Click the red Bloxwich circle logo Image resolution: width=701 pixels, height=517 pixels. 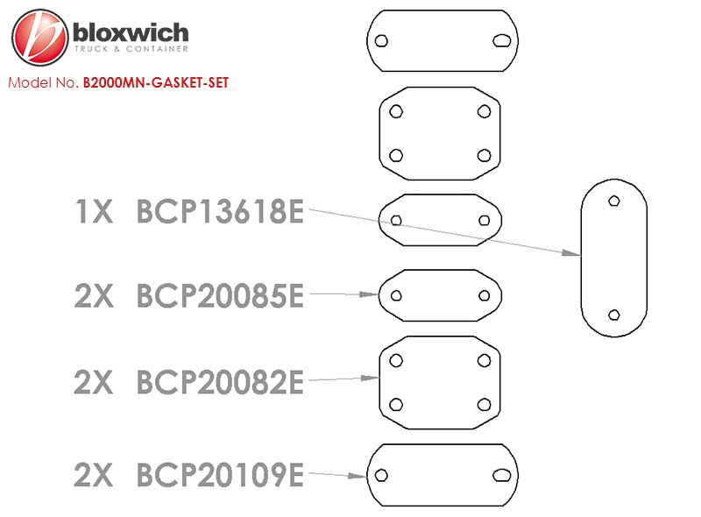(40, 37)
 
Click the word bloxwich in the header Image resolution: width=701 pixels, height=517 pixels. (131, 32)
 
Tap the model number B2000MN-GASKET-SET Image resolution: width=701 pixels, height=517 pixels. (156, 82)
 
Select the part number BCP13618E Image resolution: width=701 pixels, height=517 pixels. (220, 211)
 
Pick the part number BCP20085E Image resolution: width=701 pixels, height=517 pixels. (220, 295)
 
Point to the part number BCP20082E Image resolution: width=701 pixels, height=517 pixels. (220, 382)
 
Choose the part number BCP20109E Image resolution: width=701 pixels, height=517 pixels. (220, 475)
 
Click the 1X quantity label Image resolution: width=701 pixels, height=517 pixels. (94, 211)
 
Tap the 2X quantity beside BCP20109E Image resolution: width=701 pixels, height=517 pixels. (94, 475)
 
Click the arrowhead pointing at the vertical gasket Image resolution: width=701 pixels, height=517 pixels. (571, 253)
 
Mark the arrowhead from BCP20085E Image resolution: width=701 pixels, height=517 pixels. (369, 294)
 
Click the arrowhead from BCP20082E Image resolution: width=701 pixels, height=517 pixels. (370, 379)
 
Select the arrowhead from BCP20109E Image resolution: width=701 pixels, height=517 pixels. (358, 476)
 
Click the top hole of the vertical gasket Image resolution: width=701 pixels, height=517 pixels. (614, 201)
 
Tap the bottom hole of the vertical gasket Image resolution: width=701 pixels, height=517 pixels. (614, 315)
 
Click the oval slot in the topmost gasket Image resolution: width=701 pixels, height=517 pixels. (501, 40)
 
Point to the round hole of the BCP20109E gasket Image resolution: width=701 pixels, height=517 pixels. (381, 475)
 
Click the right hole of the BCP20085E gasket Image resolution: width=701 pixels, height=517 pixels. (485, 295)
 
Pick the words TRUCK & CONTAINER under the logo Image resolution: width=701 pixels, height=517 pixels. (131, 49)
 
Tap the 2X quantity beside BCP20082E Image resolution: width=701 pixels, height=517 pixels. (94, 382)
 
